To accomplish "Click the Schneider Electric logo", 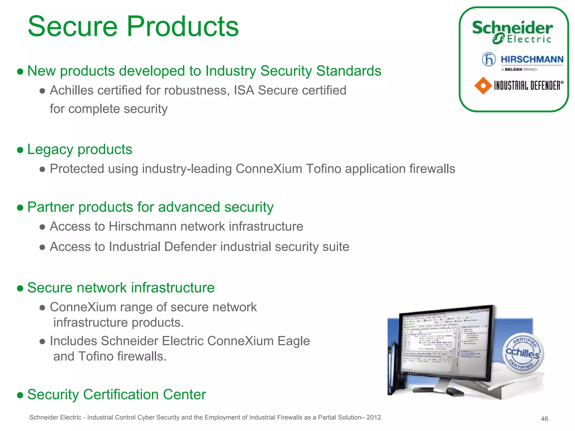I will click(512, 32).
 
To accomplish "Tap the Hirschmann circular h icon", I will click(489, 59).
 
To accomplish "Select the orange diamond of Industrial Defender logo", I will click(483, 86).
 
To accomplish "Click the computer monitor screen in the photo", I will click(445, 344).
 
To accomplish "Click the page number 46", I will click(544, 419).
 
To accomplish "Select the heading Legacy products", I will click(79, 149).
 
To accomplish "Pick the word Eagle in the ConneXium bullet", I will click(293, 341).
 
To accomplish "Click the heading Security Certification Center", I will click(117, 395).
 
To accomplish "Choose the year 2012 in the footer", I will click(374, 418).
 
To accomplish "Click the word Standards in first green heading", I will click(349, 71).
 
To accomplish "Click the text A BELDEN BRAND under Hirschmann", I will click(519, 69).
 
